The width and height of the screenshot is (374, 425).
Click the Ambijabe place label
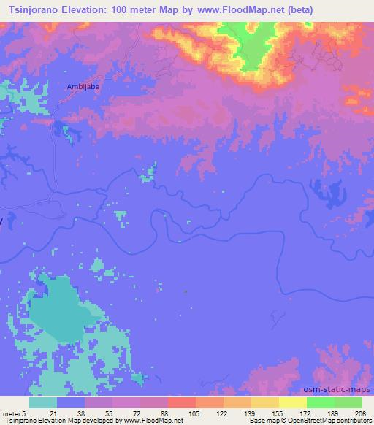[83, 85]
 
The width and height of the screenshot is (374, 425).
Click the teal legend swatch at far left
[43, 402]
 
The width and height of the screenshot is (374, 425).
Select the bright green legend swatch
[320, 402]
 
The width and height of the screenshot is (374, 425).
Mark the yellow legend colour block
[292, 402]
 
